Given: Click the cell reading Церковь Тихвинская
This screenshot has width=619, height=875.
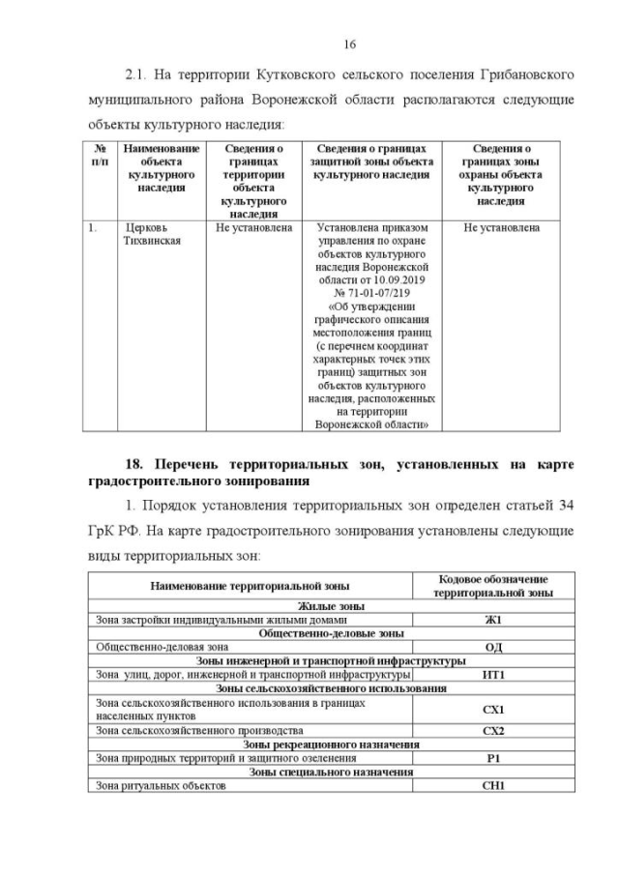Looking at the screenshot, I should click(x=148, y=235).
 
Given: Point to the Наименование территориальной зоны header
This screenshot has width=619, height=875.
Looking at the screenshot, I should click(x=250, y=586).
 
